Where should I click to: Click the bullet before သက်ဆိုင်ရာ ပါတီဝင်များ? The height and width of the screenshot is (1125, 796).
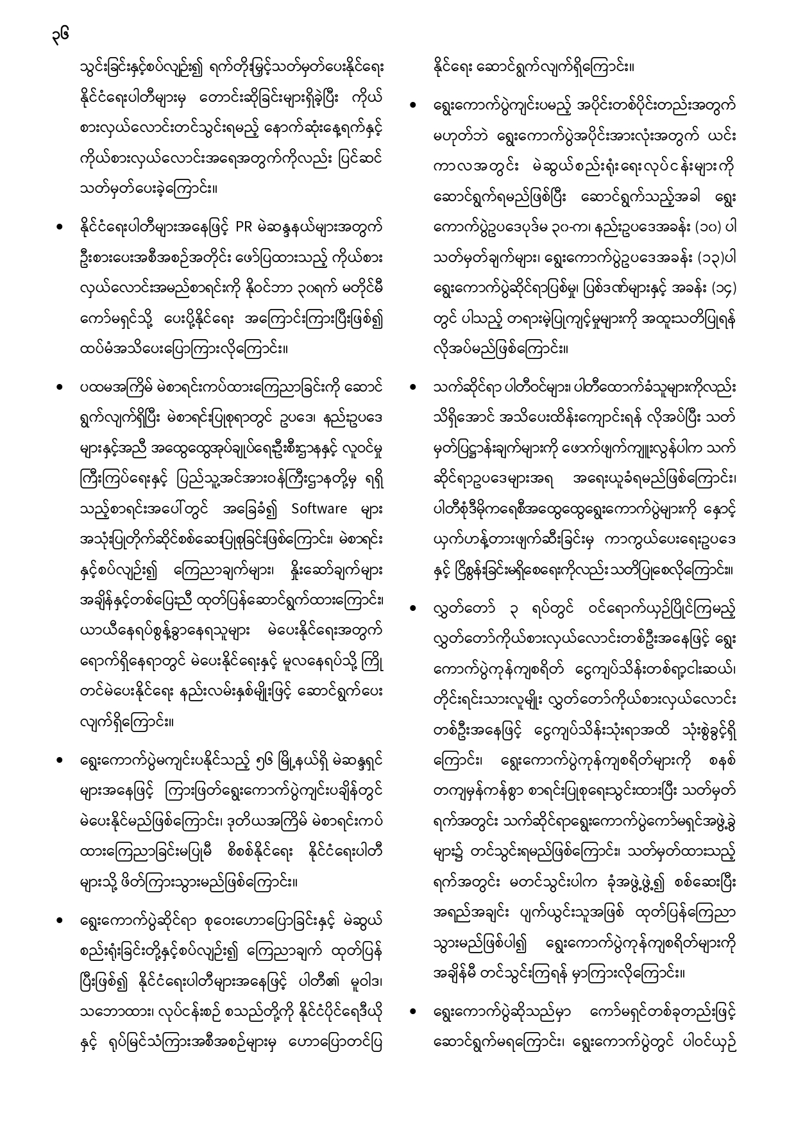pos(414,388)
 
